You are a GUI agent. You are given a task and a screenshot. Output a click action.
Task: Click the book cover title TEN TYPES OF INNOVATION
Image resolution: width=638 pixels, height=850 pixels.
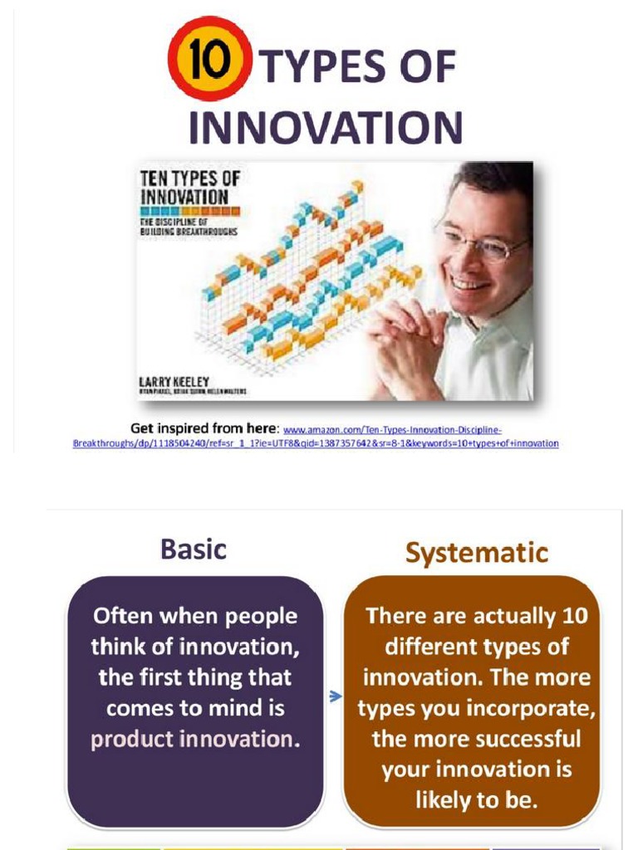(186, 188)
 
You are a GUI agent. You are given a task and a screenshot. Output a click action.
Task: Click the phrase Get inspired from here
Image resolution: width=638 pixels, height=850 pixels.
(204, 428)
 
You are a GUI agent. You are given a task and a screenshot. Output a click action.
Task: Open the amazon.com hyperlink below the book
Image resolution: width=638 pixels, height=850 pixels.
(390, 431)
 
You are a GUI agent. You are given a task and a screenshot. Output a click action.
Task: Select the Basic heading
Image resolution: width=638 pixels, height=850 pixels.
(193, 550)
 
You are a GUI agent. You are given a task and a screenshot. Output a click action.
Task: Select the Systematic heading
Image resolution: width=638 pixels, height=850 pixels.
(476, 552)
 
